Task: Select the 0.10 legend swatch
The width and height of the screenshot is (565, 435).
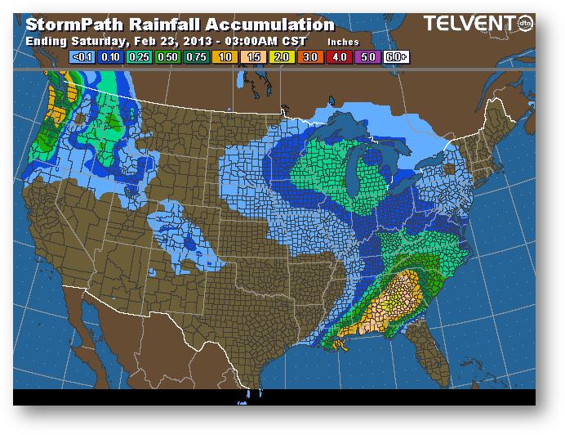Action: tap(109, 57)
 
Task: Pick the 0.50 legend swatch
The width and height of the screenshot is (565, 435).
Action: tap(168, 57)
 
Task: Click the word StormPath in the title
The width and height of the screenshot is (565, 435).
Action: tap(78, 25)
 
